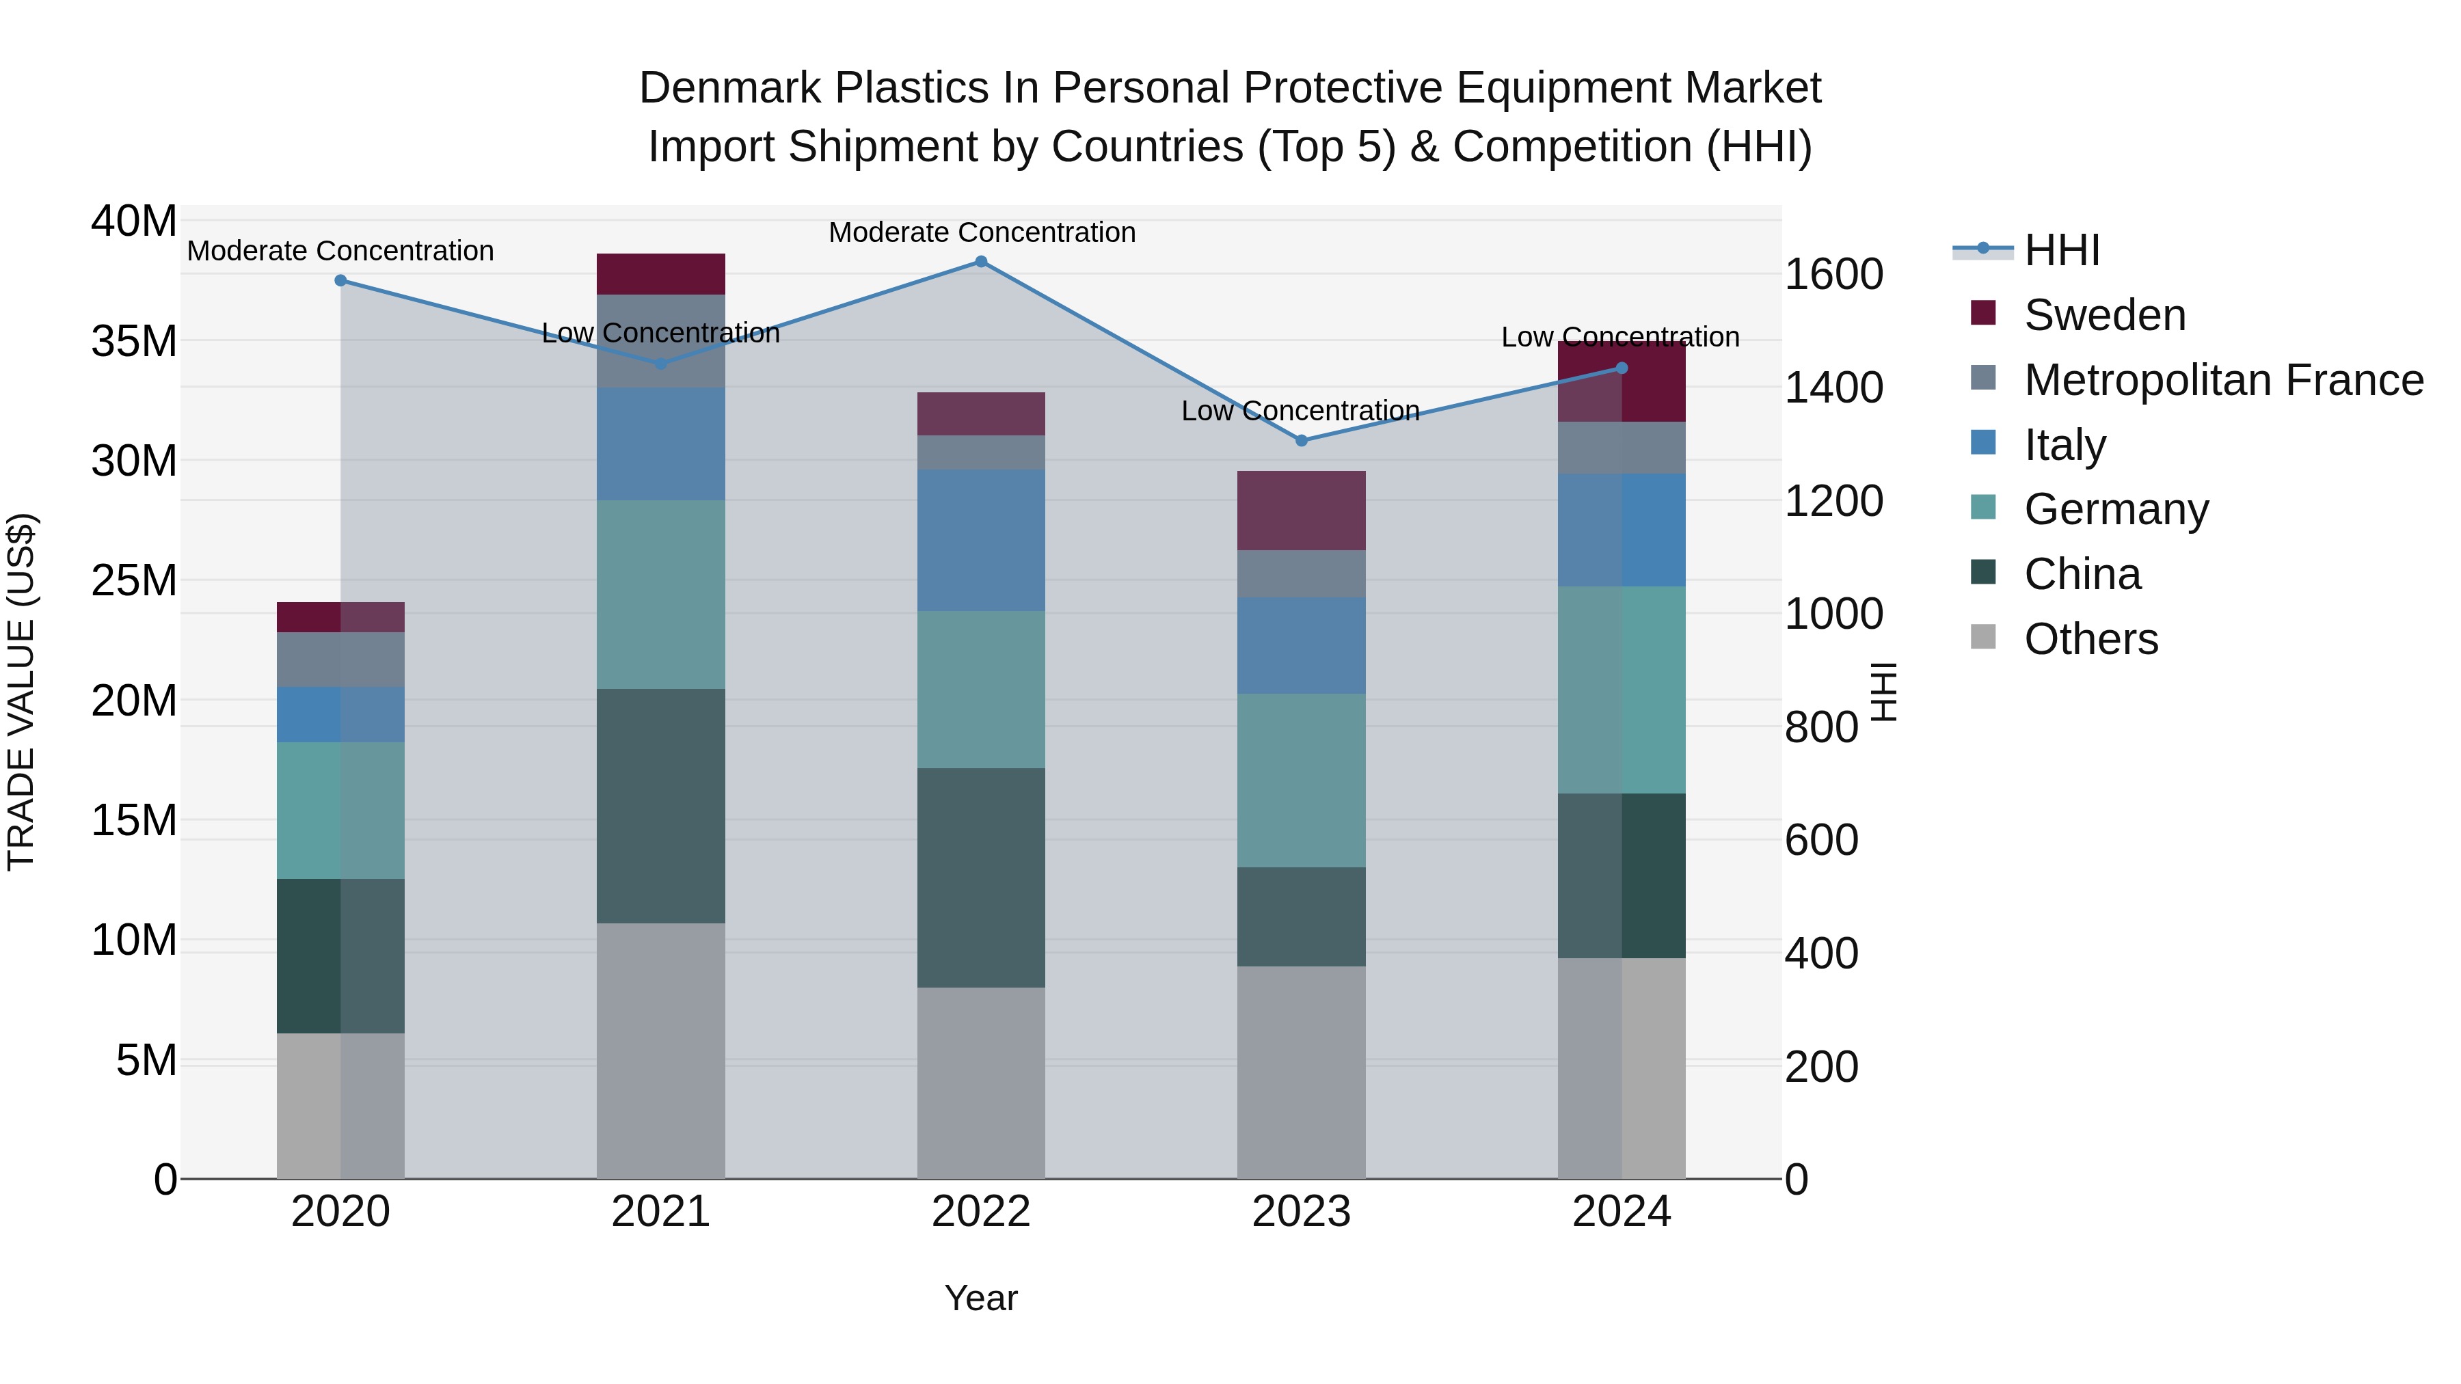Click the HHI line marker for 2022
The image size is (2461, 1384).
pyautogui.click(x=981, y=262)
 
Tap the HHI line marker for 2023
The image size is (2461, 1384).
pyautogui.click(x=1301, y=440)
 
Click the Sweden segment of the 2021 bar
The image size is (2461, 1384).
pyautogui.click(x=660, y=274)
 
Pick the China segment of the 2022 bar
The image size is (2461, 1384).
pyautogui.click(x=981, y=877)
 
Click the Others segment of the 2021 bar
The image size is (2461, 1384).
pyautogui.click(x=660, y=1050)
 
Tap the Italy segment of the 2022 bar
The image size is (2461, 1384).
pyautogui.click(x=981, y=540)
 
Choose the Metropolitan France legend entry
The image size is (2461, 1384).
pyautogui.click(x=2223, y=380)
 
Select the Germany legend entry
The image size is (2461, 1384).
pyautogui.click(x=2115, y=509)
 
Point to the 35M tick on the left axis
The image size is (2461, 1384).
pyautogui.click(x=134, y=341)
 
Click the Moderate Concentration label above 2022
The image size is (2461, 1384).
pyautogui.click(x=981, y=232)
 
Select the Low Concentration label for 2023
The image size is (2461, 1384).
pyautogui.click(x=1300, y=411)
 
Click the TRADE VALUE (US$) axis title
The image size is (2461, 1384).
pyautogui.click(x=21, y=692)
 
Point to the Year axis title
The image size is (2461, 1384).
pyautogui.click(x=981, y=1298)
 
